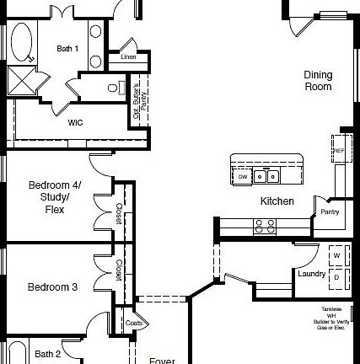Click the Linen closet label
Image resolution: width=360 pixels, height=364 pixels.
click(x=127, y=56)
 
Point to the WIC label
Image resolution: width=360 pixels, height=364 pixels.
click(x=75, y=122)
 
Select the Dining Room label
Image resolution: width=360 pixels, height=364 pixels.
click(x=317, y=80)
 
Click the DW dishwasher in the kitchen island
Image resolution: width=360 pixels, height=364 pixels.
click(x=243, y=177)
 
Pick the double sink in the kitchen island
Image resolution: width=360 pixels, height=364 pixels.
click(x=266, y=176)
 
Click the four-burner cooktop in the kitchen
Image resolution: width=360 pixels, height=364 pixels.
click(x=265, y=225)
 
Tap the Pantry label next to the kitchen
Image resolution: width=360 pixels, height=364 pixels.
click(x=329, y=211)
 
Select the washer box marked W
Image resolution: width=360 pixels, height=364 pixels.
click(x=336, y=254)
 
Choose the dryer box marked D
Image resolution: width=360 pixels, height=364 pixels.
click(x=336, y=276)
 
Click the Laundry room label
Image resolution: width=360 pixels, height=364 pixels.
click(x=311, y=273)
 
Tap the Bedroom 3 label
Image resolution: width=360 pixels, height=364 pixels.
click(x=53, y=287)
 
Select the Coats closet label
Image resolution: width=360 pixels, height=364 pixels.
click(x=133, y=323)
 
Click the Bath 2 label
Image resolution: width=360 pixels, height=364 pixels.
click(x=47, y=353)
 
